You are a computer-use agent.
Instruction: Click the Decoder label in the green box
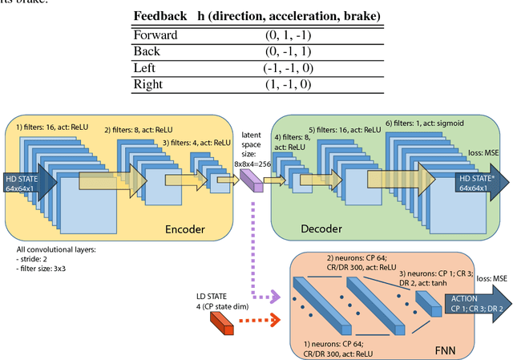point(321,229)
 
